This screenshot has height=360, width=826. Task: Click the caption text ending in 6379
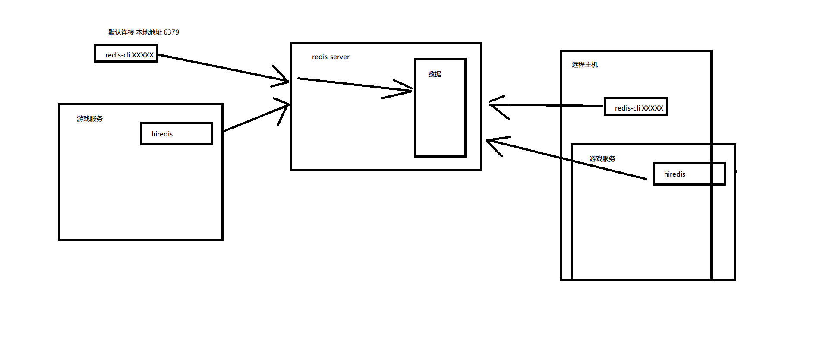pyautogui.click(x=143, y=32)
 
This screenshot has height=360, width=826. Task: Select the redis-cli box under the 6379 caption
pyautogui.click(x=126, y=54)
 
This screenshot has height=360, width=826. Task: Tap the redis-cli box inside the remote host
pyautogui.click(x=636, y=107)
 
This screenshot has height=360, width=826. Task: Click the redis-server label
pyautogui.click(x=331, y=57)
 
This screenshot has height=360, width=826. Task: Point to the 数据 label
pyautogui.click(x=434, y=74)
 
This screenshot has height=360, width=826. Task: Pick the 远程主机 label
pyautogui.click(x=585, y=65)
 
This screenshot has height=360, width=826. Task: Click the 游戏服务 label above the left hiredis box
pyautogui.click(x=90, y=119)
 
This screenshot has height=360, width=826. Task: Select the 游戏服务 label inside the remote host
pyautogui.click(x=602, y=159)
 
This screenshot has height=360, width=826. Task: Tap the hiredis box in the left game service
pyautogui.click(x=177, y=134)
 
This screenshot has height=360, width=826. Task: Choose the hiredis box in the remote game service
pyautogui.click(x=689, y=174)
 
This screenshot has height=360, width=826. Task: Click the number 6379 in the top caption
pyautogui.click(x=171, y=32)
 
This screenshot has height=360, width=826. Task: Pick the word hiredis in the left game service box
pyautogui.click(x=162, y=134)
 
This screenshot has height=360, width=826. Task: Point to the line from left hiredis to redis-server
pyautogui.click(x=255, y=118)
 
